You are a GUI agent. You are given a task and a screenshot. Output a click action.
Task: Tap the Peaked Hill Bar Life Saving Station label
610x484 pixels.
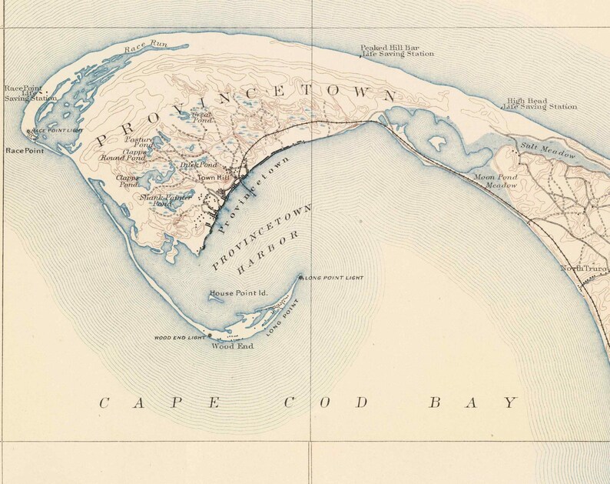397,51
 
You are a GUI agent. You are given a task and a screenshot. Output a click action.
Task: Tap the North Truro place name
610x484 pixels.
583,268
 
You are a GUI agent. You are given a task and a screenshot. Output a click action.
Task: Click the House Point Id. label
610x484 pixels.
238,293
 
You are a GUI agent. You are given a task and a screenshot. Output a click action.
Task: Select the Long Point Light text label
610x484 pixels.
333,277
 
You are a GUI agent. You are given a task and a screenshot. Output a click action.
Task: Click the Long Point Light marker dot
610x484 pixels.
301,276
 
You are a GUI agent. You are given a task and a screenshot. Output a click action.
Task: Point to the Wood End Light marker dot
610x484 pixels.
210,336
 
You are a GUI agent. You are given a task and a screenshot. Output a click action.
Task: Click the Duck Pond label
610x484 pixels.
198,165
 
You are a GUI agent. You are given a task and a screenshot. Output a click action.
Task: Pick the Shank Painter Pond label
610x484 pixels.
165,201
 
